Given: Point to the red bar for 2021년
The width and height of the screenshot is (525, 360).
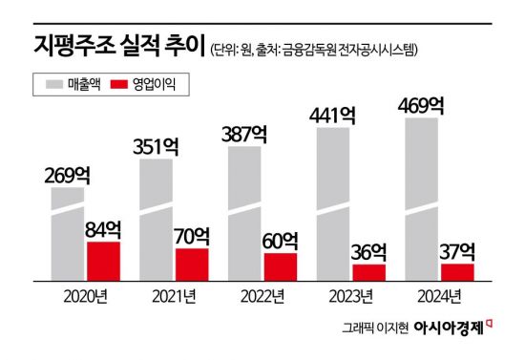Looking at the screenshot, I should (x=192, y=265).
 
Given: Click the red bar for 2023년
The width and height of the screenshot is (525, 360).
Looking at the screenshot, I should (x=367, y=272).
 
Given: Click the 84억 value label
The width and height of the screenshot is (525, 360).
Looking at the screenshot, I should (x=104, y=228).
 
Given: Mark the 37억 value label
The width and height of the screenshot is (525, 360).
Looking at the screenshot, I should (x=457, y=251).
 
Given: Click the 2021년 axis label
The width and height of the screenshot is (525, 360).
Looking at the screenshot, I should (x=175, y=296).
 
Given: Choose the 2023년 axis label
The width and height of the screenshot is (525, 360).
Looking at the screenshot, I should (x=352, y=296).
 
